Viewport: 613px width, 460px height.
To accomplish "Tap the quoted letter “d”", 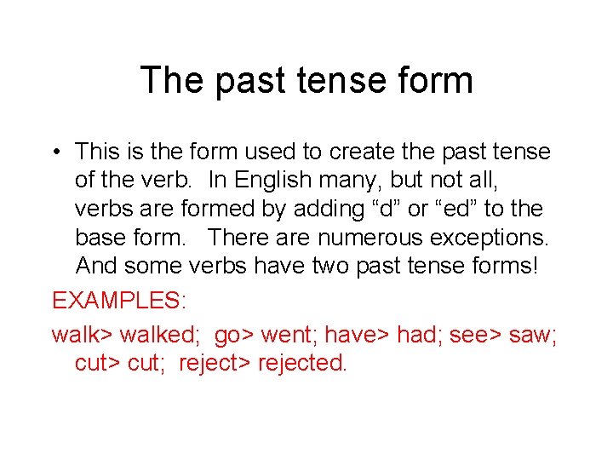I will click(373, 209).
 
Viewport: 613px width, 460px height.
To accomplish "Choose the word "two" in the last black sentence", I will click(332, 265).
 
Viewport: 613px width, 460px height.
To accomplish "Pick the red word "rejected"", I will click(302, 363).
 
